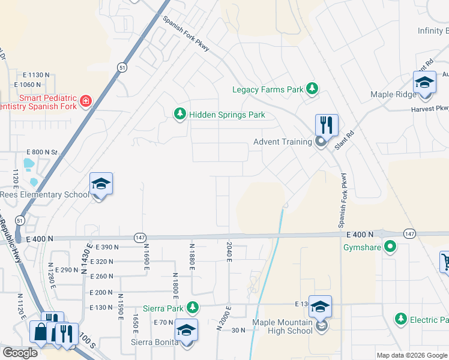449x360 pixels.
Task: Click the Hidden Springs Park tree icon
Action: click(x=179, y=114)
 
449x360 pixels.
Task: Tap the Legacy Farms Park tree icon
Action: click(x=312, y=89)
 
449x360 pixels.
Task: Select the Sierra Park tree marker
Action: click(x=192, y=308)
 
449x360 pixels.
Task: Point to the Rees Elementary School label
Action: click(x=44, y=194)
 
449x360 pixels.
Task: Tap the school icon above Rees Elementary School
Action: click(x=101, y=185)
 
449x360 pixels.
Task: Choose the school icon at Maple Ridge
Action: click(x=424, y=83)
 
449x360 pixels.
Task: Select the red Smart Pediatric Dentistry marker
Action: click(x=86, y=100)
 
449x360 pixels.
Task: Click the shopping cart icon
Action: click(x=445, y=261)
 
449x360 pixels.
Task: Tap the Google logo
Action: click(x=20, y=353)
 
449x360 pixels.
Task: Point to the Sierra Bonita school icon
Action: click(x=186, y=331)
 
